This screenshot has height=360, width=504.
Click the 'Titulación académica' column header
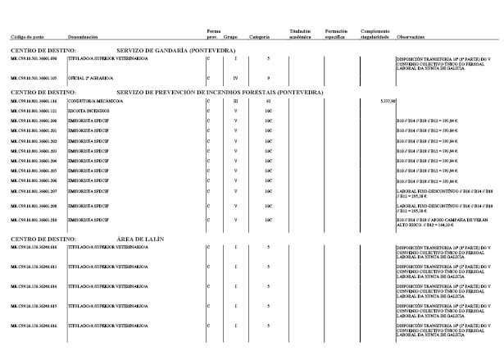[x=301, y=34]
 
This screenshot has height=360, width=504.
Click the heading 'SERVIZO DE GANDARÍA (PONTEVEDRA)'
[x=176, y=51]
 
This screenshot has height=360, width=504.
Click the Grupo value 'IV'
[x=234, y=78]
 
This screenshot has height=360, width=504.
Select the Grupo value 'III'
[x=234, y=101]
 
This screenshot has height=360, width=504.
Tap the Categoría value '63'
[x=268, y=101]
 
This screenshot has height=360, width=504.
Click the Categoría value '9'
[x=268, y=78]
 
